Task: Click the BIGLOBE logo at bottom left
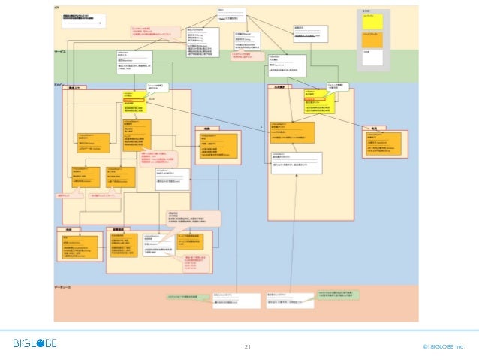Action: click(x=33, y=343)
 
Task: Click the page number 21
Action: click(x=248, y=346)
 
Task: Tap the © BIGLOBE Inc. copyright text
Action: click(x=444, y=346)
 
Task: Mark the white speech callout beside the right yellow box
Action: click(x=334, y=86)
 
